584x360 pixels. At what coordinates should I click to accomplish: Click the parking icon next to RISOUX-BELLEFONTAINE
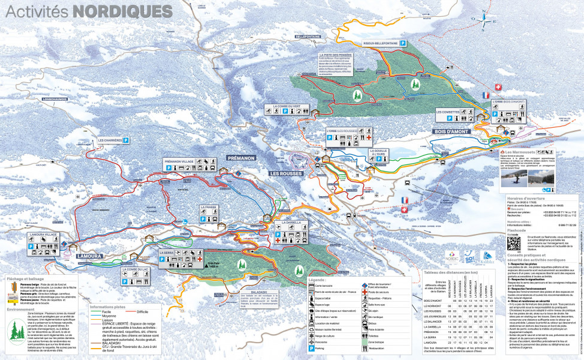tap(404, 43)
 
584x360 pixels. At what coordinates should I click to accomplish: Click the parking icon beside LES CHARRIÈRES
tap(127, 140)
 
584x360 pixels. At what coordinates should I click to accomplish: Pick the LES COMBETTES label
tap(448, 112)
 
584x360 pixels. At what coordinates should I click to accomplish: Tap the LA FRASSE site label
tap(209, 208)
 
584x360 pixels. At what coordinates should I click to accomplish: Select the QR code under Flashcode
tap(514, 243)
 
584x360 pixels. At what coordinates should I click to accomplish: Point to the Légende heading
tap(316, 280)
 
